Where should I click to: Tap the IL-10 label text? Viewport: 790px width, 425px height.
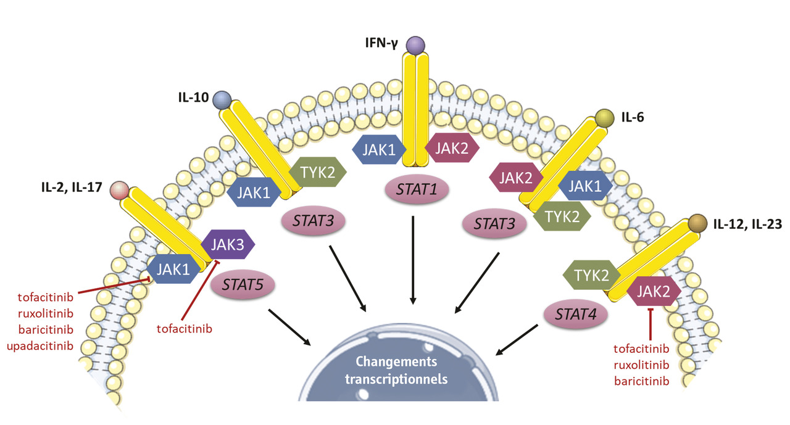193,97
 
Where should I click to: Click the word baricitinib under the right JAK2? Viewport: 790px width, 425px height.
642,381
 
